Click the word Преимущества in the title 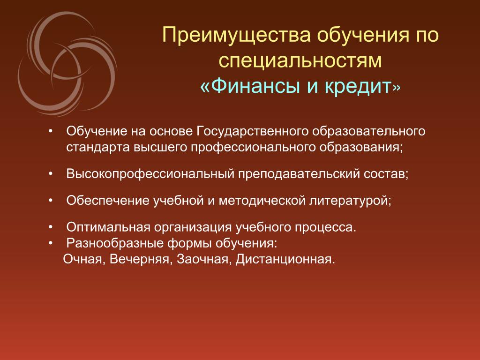tap(237, 35)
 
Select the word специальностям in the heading tap(300, 60)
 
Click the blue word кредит tap(358, 87)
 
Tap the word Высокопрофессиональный tap(150, 174)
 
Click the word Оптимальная tap(108, 227)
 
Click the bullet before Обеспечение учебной tap(51, 201)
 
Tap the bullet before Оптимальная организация tap(51, 227)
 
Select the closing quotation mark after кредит tap(397, 88)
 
